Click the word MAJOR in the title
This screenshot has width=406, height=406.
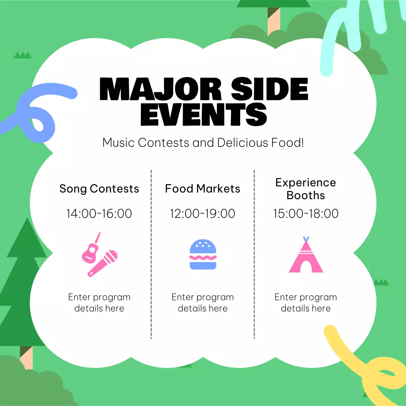pos(160,89)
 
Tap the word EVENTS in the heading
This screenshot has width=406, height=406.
pos(203,114)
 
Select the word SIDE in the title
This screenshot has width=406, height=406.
pos(269,89)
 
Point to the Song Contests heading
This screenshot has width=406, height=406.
pos(99,189)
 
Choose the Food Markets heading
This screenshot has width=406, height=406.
pos(203,189)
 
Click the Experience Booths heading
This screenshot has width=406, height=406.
pos(306,189)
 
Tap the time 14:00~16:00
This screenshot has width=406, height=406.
pos(99,213)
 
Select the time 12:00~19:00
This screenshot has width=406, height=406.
pos(203,213)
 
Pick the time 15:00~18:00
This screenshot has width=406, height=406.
pos(306,213)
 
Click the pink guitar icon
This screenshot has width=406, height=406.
pos(90,251)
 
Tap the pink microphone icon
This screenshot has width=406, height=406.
pos(103,263)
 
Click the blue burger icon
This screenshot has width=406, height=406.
pos(203,255)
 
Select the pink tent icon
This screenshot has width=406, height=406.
pos(306,257)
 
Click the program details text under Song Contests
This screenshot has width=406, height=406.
pos(99,303)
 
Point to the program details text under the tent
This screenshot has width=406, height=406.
pos(306,303)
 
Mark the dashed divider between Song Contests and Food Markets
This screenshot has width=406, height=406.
pos(151,254)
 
